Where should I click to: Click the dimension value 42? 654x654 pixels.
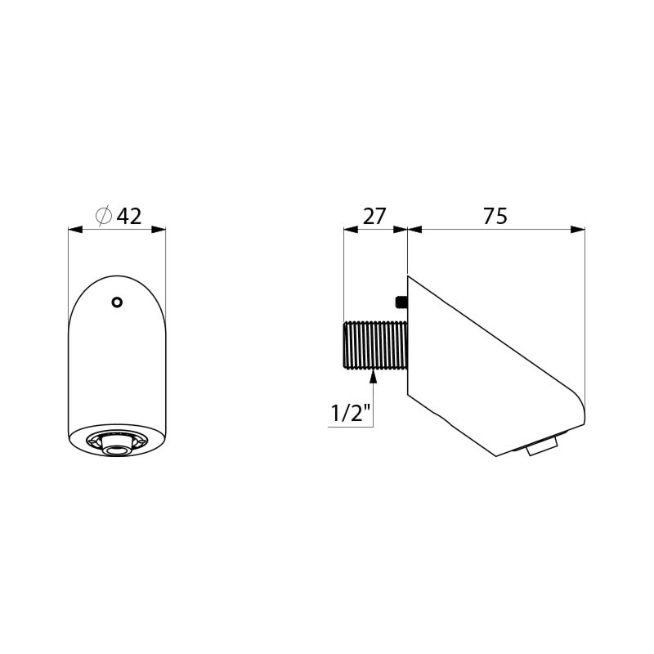tap(129, 216)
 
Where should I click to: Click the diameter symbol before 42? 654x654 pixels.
tap(104, 216)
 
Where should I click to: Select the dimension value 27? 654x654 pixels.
tap(374, 216)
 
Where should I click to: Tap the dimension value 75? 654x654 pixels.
tap(495, 216)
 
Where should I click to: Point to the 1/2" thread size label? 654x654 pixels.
tap(351, 414)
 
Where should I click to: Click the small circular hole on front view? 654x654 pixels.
tap(117, 302)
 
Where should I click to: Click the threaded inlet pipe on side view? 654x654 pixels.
tap(375, 346)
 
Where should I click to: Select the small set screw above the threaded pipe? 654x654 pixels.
tap(401, 302)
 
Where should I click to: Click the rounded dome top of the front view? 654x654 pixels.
tap(117, 282)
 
